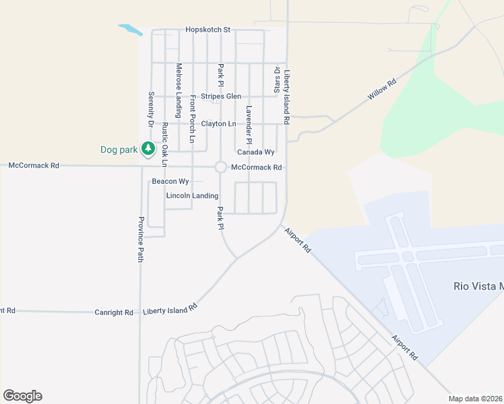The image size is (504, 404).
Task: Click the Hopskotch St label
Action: pyautogui.click(x=208, y=30)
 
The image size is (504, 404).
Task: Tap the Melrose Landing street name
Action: pyautogui.click(x=179, y=81)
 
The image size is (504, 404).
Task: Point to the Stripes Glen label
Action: pyautogui.click(x=221, y=96)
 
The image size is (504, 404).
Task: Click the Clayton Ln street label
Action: pyautogui.click(x=219, y=124)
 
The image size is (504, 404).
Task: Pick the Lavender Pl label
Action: pyautogui.click(x=249, y=125)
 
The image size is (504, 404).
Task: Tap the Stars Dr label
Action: pyautogui.click(x=276, y=79)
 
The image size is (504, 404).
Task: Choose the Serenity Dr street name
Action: pyautogui.click(x=151, y=109)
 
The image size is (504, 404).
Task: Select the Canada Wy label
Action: pyautogui.click(x=255, y=152)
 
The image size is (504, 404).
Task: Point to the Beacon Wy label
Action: pyautogui.click(x=170, y=181)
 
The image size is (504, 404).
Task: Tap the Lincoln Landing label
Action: pyautogui.click(x=192, y=196)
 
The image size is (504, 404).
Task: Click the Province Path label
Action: pyautogui.click(x=141, y=239)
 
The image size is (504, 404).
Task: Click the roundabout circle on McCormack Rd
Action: pyautogui.click(x=220, y=167)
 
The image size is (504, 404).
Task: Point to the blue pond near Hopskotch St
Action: pyautogui.click(x=130, y=30)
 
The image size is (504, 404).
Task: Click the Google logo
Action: pyautogui.click(x=22, y=396)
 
